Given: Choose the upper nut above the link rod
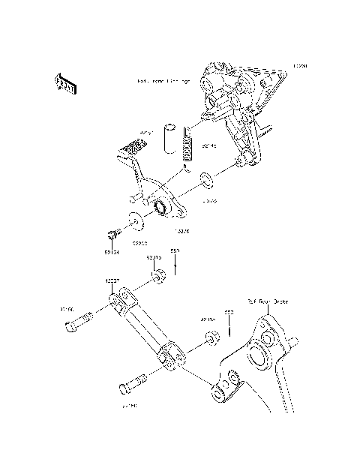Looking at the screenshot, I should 158,279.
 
